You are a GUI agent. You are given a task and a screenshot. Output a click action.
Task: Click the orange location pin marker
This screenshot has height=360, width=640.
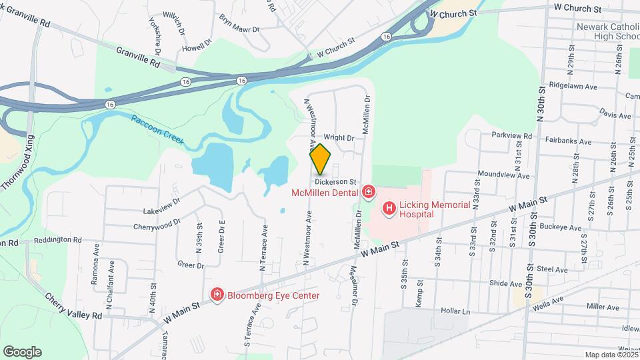coord(321,159)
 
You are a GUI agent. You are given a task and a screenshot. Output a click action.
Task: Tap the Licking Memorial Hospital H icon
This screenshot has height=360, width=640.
coord(388,209)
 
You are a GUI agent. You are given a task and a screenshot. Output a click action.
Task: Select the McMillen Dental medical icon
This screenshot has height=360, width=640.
coord(368,193)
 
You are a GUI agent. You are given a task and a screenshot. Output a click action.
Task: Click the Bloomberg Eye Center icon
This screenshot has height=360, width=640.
coord(217,295)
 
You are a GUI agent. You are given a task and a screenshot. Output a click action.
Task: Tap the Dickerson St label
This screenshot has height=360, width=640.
coord(337,181)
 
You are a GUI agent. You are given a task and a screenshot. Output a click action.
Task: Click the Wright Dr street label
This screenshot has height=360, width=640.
coord(339,138)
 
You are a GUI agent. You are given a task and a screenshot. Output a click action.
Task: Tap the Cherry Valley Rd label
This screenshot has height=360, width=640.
coord(73,306)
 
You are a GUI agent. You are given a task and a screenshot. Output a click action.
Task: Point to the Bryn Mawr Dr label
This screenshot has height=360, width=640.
coord(239,29)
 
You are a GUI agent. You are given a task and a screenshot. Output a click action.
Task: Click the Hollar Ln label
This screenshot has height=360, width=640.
coord(455,311)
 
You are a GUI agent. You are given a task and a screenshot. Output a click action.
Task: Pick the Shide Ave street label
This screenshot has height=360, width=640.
coord(506,283)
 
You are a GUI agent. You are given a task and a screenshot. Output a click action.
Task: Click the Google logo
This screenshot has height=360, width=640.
coord(22,352)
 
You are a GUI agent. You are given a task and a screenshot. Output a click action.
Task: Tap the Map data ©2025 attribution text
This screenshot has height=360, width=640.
coord(610,355)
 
